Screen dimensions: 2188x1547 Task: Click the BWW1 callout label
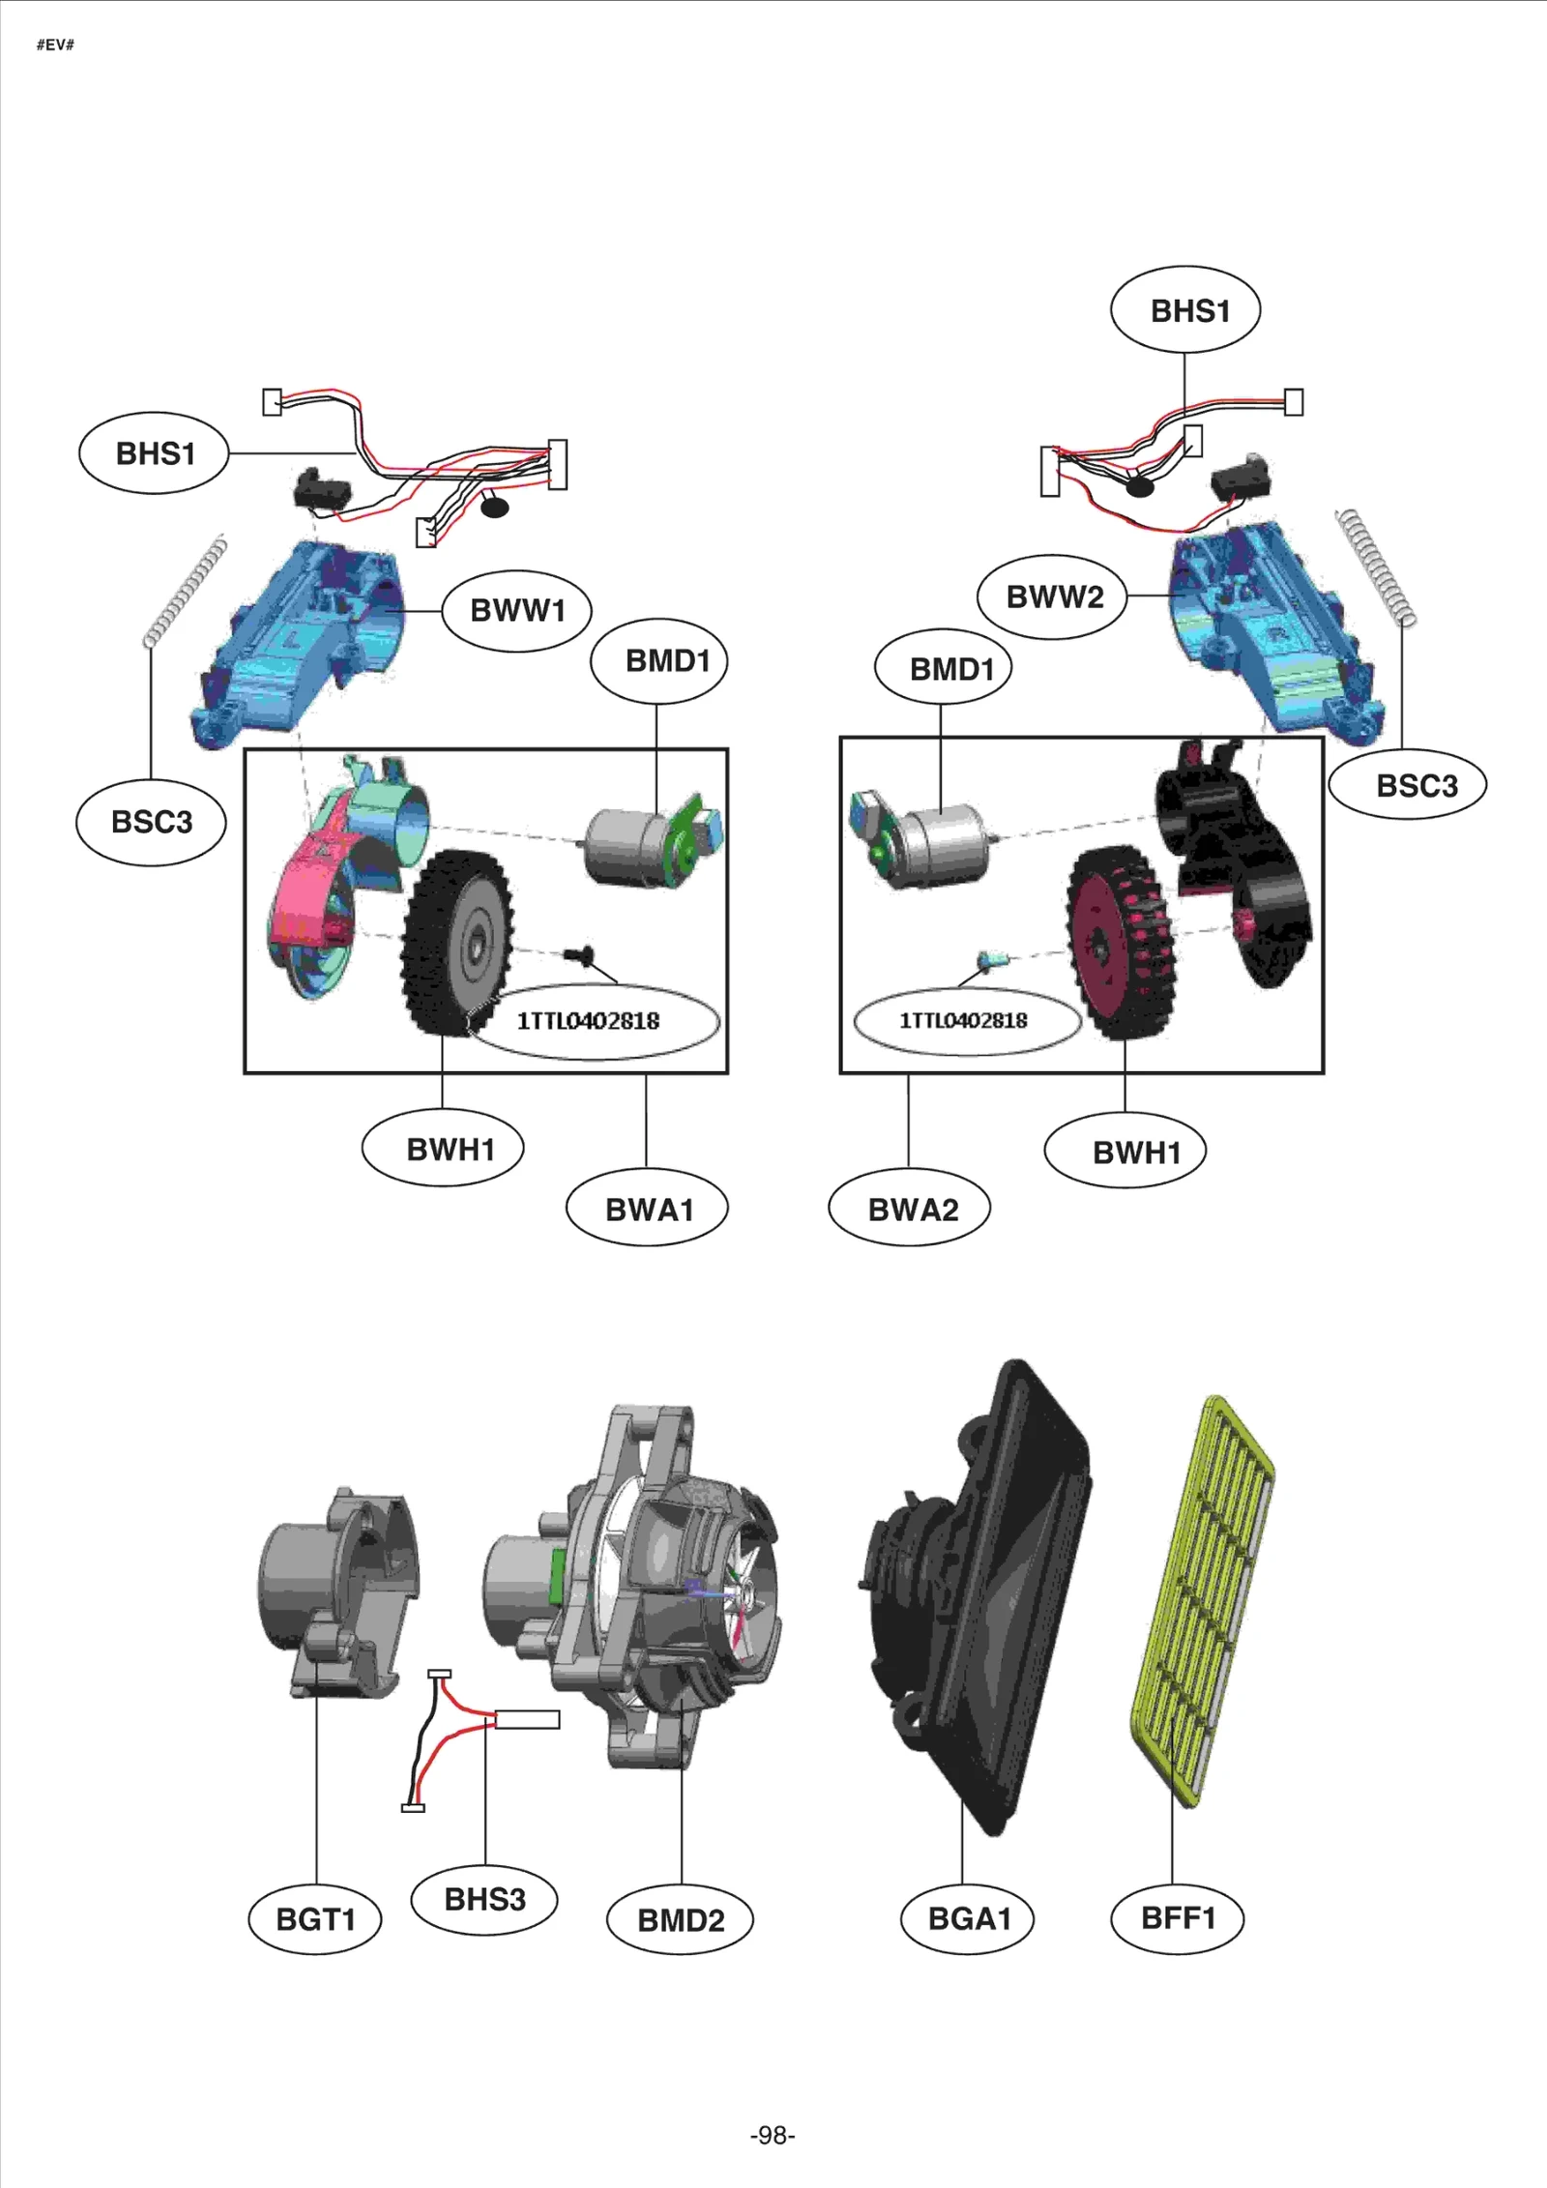click(x=517, y=610)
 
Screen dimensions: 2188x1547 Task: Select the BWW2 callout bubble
click(x=1053, y=597)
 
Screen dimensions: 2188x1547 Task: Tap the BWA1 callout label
click(x=648, y=1209)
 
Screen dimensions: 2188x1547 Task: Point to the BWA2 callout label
click(x=911, y=1209)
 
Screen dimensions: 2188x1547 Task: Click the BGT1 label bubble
click(x=315, y=1918)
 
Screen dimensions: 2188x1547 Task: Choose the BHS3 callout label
click(x=484, y=1898)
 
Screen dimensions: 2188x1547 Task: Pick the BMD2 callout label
click(x=680, y=1919)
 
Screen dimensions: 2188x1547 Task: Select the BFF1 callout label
click(x=1178, y=1917)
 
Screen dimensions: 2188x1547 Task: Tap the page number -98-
click(x=773, y=2135)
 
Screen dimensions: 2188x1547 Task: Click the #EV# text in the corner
click(x=55, y=45)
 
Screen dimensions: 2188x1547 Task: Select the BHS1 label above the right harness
click(x=1186, y=310)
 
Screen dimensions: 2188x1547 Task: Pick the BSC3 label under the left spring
click(x=152, y=822)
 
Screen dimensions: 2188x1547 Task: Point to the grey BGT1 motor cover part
click(x=338, y=1595)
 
